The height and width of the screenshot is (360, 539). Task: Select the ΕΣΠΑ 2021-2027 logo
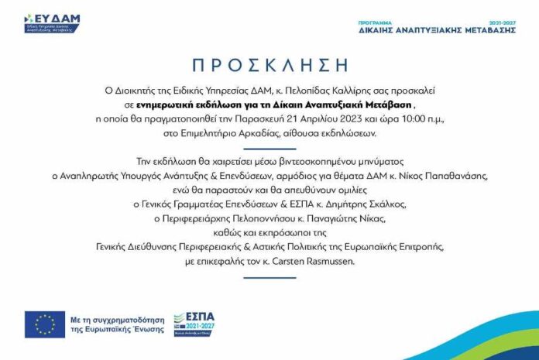click(194, 323)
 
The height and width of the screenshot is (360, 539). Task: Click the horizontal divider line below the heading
click(269, 149)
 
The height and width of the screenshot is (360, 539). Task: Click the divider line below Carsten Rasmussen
click(269, 277)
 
